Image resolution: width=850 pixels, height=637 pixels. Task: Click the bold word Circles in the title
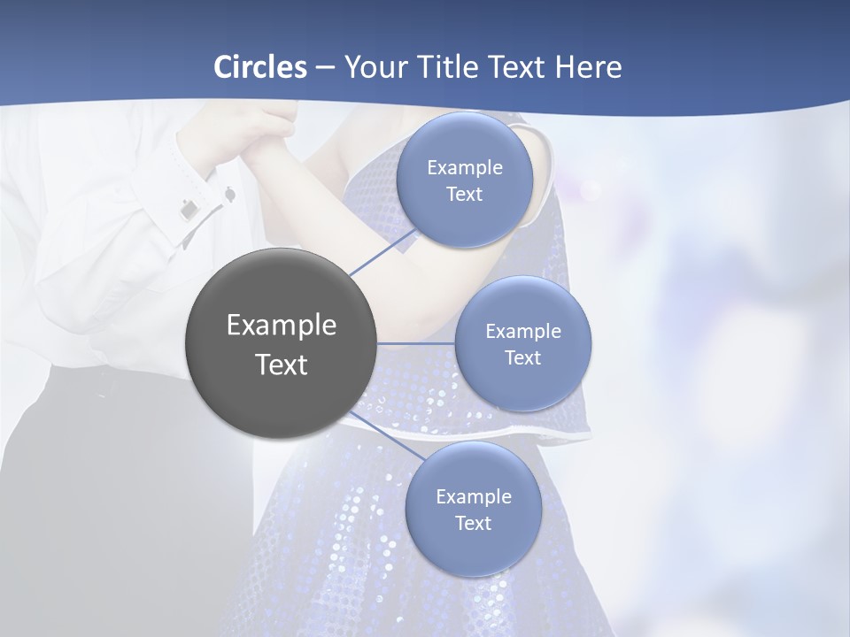(x=259, y=67)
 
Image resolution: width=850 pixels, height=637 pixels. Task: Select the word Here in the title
(x=588, y=67)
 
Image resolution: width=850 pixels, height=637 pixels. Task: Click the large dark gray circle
(x=281, y=344)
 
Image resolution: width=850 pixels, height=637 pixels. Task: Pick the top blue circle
(x=464, y=180)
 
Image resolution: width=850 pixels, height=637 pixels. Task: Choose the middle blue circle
(x=522, y=343)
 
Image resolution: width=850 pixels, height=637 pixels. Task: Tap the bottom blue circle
(x=473, y=509)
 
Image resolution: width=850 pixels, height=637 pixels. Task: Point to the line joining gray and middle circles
(x=416, y=343)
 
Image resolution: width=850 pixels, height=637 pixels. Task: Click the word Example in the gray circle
(x=281, y=325)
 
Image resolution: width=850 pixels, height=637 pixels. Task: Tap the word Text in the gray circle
(x=281, y=365)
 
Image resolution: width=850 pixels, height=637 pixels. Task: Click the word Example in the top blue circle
(x=464, y=167)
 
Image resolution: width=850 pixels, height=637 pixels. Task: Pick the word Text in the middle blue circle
(x=522, y=357)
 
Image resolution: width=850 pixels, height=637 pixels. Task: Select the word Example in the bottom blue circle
(x=473, y=496)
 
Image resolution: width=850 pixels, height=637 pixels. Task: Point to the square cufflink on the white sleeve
(x=189, y=211)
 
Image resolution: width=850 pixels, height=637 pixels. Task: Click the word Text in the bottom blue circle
(x=473, y=523)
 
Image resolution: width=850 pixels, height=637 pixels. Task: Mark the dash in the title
(x=324, y=67)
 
